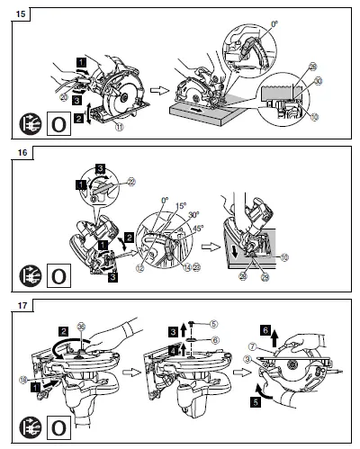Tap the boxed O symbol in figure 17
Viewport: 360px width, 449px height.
coord(57,420)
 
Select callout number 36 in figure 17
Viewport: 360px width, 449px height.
coord(84,327)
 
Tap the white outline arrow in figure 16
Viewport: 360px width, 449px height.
coord(202,243)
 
